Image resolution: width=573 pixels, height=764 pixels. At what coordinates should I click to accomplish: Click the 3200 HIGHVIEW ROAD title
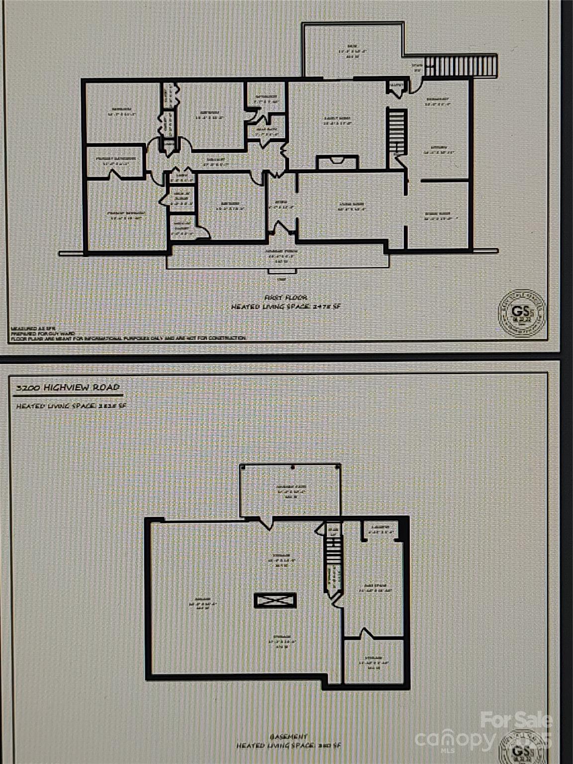(66, 387)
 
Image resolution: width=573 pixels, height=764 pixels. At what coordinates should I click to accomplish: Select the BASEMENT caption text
(288, 736)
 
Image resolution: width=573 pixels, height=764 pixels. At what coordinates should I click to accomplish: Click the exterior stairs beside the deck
(463, 66)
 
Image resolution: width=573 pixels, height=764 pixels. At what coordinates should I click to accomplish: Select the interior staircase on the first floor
(397, 132)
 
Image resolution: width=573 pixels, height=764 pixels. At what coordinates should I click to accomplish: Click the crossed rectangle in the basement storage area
(276, 600)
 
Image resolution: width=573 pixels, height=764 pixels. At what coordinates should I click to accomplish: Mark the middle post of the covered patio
(292, 468)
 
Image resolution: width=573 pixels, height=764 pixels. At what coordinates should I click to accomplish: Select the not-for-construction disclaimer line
(128, 338)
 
